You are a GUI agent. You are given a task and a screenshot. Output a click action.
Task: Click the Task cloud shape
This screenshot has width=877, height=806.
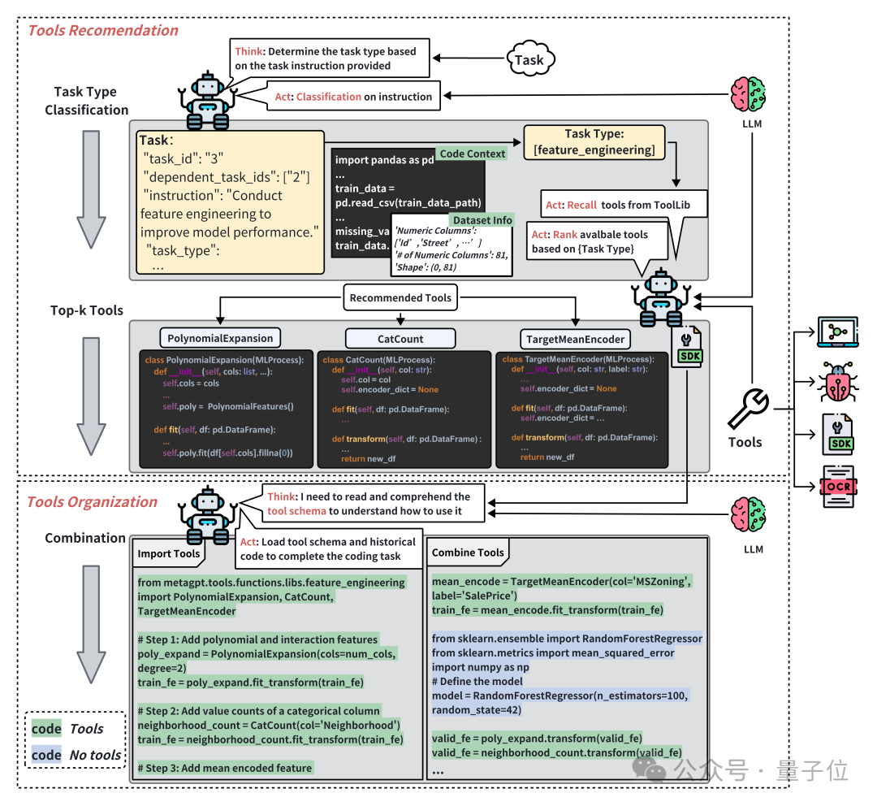[529, 59]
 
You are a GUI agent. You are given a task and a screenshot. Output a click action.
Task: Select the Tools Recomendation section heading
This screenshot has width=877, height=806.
[103, 31]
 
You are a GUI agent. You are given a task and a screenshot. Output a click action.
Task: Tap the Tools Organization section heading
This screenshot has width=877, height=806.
[93, 501]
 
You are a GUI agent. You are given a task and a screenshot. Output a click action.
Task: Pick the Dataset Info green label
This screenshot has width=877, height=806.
[481, 219]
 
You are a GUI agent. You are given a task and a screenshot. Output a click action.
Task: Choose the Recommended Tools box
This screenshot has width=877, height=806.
[400, 298]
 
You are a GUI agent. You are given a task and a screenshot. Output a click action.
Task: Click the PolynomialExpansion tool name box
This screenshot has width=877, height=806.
[221, 338]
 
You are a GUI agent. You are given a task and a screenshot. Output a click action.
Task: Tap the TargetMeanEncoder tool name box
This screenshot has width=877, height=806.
[575, 338]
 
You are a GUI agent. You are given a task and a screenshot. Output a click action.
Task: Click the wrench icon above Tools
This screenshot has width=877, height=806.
[749, 409]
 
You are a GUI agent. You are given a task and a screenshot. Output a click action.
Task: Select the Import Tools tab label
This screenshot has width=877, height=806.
[169, 553]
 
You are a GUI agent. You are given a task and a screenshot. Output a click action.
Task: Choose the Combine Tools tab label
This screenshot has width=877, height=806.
[468, 552]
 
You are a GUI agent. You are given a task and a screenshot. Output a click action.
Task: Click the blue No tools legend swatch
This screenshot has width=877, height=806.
[46, 755]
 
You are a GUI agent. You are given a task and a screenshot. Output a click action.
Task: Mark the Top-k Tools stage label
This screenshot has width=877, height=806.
[87, 310]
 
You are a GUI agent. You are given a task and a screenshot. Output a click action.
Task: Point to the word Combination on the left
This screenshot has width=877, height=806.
[85, 538]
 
